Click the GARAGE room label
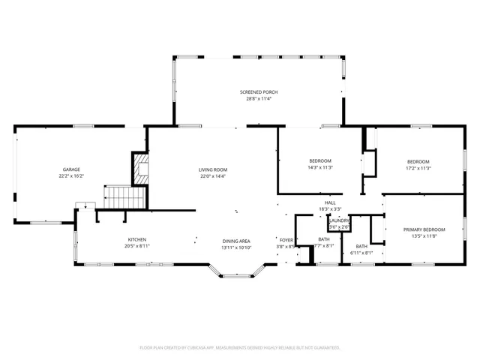(x=70, y=169)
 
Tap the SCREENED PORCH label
(x=259, y=92)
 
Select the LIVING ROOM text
(x=213, y=169)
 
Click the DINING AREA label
(x=236, y=239)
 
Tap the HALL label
(x=330, y=202)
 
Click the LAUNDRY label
(x=339, y=220)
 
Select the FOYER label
(x=286, y=239)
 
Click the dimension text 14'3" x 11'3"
(x=320, y=168)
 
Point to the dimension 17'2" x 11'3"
(x=418, y=168)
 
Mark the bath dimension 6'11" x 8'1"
(x=361, y=253)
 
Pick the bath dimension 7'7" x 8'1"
(x=323, y=245)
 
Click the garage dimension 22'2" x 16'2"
(x=70, y=176)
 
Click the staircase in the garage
(x=124, y=198)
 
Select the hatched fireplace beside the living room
(x=140, y=168)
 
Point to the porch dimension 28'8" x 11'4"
(x=259, y=99)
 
